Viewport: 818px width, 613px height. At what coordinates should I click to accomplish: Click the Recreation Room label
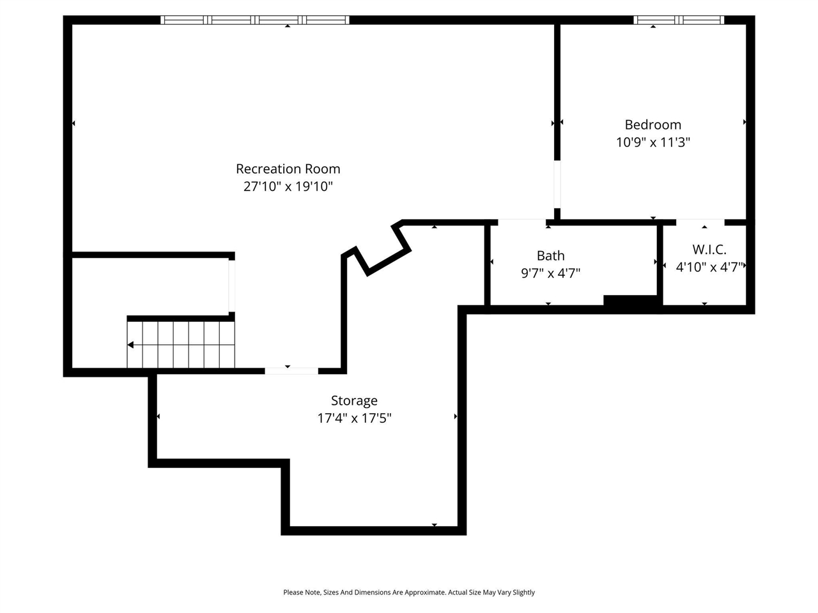tap(288, 169)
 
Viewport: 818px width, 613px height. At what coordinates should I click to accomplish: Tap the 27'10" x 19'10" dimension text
tap(288, 186)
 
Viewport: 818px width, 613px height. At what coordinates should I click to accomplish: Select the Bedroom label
tap(652, 125)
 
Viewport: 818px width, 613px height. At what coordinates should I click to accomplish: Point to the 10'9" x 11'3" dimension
tap(652, 142)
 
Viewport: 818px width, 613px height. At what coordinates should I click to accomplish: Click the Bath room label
tap(550, 255)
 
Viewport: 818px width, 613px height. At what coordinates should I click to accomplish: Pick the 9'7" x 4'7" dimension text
tap(550, 273)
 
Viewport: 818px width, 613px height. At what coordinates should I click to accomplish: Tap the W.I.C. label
tap(709, 250)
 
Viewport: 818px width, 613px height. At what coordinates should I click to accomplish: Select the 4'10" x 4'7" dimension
tap(709, 267)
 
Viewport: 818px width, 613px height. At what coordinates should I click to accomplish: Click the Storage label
tap(354, 400)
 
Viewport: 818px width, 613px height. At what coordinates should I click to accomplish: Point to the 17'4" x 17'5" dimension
tap(354, 418)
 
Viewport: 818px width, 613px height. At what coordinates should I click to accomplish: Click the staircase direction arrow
tap(130, 345)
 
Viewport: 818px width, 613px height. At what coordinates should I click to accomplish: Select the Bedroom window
tap(679, 20)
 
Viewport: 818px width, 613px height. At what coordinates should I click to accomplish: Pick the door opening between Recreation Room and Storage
tap(291, 370)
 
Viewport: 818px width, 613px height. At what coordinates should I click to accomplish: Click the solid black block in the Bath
tap(630, 301)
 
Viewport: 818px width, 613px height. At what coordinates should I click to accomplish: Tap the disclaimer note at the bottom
tap(409, 593)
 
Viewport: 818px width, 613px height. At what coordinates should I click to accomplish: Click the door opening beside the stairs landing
tap(232, 286)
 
